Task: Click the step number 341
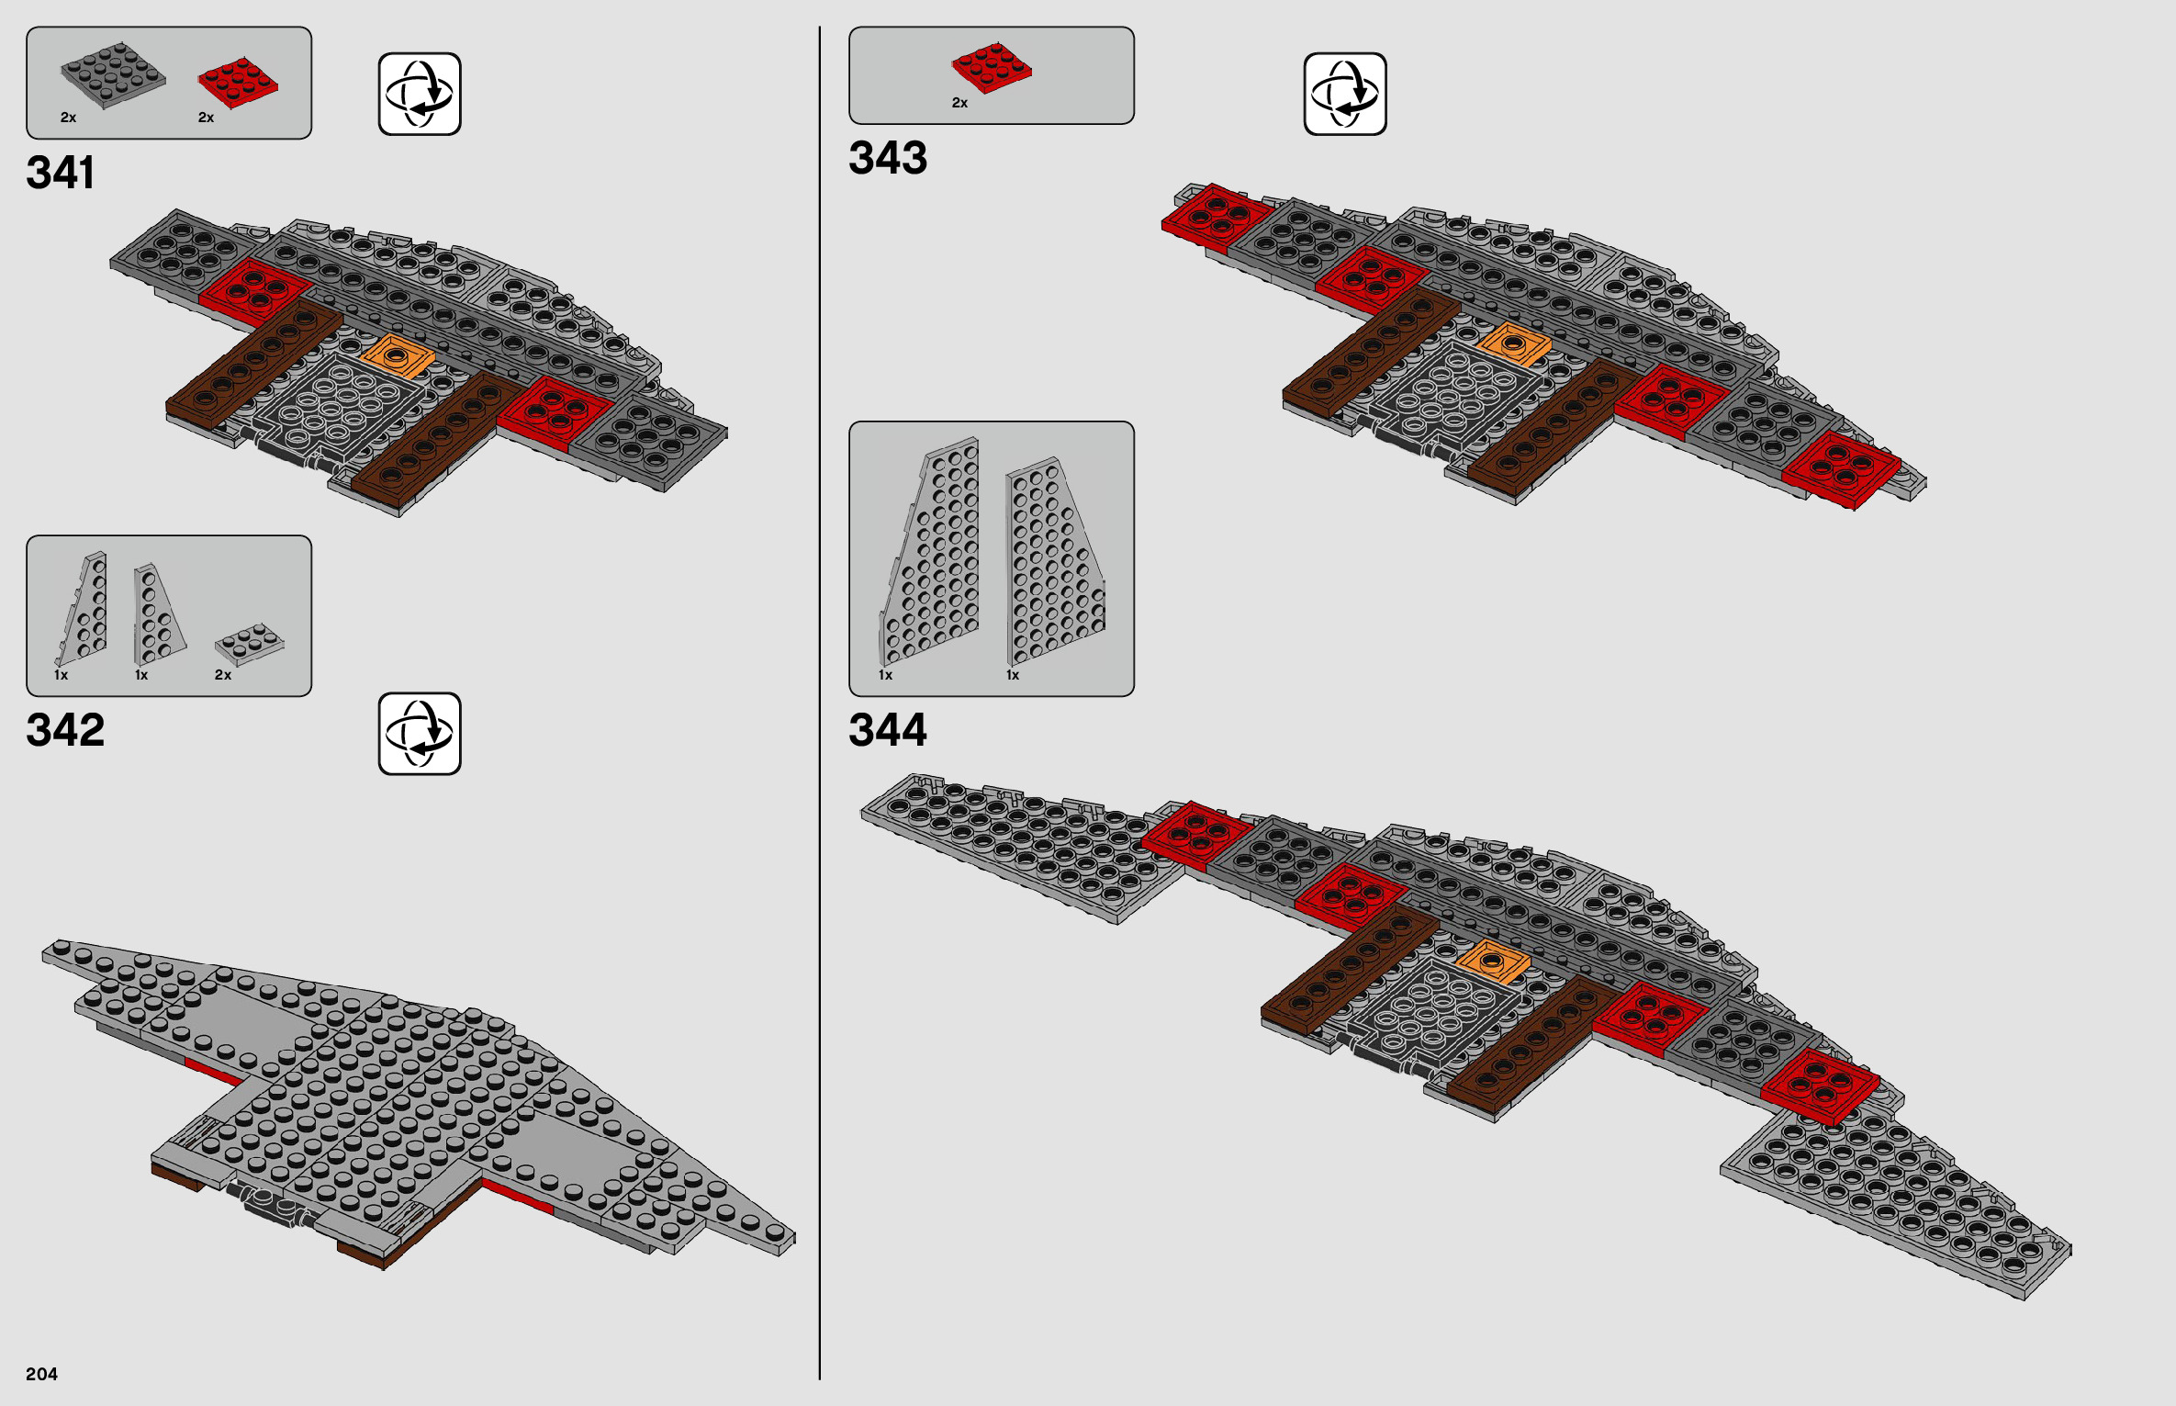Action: (61, 173)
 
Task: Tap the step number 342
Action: (65, 730)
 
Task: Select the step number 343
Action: (888, 158)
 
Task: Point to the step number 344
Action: (888, 730)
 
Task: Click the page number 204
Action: (41, 1374)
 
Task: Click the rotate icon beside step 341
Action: (420, 94)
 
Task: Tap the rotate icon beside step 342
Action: (420, 733)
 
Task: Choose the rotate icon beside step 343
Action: (1345, 94)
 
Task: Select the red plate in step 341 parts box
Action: (238, 83)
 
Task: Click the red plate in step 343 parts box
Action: (992, 67)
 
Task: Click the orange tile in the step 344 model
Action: (1493, 962)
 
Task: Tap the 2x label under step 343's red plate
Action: (959, 103)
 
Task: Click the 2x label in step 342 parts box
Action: (223, 675)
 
